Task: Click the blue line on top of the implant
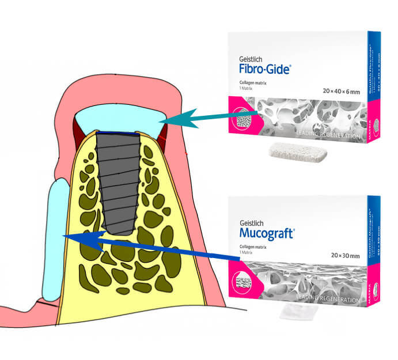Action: (118, 134)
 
